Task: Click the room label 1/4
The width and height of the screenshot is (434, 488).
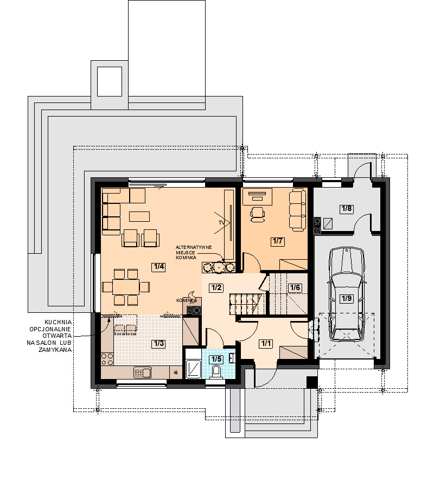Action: tap(158, 267)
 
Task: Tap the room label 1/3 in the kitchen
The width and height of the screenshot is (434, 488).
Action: tap(158, 344)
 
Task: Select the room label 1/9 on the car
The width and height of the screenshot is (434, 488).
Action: tap(347, 299)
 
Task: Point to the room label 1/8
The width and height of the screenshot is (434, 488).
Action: tap(347, 209)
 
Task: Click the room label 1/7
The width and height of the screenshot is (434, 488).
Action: tap(277, 241)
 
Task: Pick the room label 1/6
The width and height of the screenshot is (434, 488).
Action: tap(295, 287)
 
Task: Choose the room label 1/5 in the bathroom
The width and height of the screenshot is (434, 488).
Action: tap(216, 359)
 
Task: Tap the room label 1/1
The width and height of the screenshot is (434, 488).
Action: tap(266, 344)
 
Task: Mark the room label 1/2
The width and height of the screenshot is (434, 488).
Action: tap(216, 287)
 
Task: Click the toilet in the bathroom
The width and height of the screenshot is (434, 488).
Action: tap(216, 371)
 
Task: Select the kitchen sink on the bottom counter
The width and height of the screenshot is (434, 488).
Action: tap(142, 372)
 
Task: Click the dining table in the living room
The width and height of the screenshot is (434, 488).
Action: tap(126, 287)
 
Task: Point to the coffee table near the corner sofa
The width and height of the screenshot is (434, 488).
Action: tap(139, 216)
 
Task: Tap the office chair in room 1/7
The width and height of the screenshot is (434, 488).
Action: tap(258, 214)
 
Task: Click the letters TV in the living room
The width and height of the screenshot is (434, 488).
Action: tap(221, 223)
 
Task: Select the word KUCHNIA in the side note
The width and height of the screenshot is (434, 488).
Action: tap(58, 323)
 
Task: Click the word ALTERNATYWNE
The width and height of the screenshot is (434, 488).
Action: tap(194, 247)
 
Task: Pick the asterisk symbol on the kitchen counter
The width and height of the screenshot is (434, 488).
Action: tap(176, 372)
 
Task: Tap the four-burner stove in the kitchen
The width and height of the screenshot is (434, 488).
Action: tap(107, 359)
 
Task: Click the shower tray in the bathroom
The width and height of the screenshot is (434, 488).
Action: tap(194, 369)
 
